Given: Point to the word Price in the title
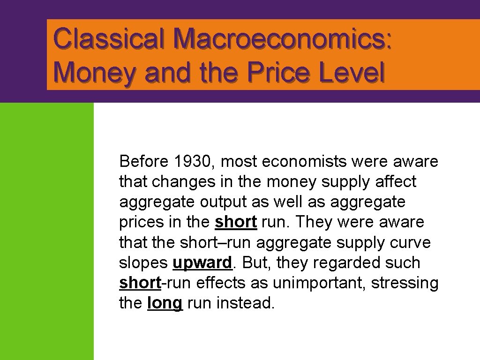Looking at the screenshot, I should (x=273, y=73).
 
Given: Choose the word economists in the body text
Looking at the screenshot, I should (x=304, y=162).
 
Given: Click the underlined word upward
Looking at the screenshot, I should (x=202, y=263).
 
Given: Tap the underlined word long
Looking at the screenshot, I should (x=165, y=303).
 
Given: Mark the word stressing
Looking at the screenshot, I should (x=405, y=283).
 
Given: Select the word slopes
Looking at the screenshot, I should (x=143, y=263).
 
